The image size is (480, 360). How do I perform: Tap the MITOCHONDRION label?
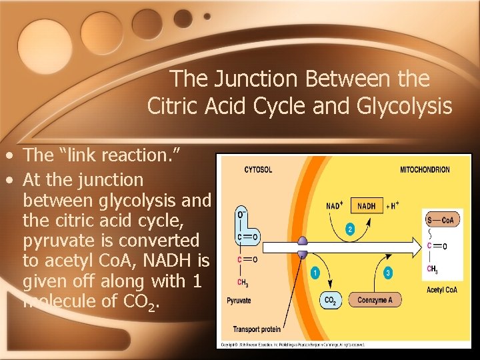click(425, 169)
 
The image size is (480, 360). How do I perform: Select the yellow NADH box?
click(366, 206)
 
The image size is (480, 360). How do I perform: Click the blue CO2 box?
click(329, 301)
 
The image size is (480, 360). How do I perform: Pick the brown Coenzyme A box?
click(375, 301)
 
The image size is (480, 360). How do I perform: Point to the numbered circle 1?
click(315, 273)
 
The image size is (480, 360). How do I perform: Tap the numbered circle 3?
click(389, 273)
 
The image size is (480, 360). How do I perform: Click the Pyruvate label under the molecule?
click(238, 301)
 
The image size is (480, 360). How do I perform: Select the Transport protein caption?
click(257, 329)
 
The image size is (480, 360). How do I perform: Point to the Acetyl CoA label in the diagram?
click(441, 290)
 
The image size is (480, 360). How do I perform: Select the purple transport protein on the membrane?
click(302, 247)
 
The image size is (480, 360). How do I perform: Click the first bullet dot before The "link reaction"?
click(9, 157)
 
